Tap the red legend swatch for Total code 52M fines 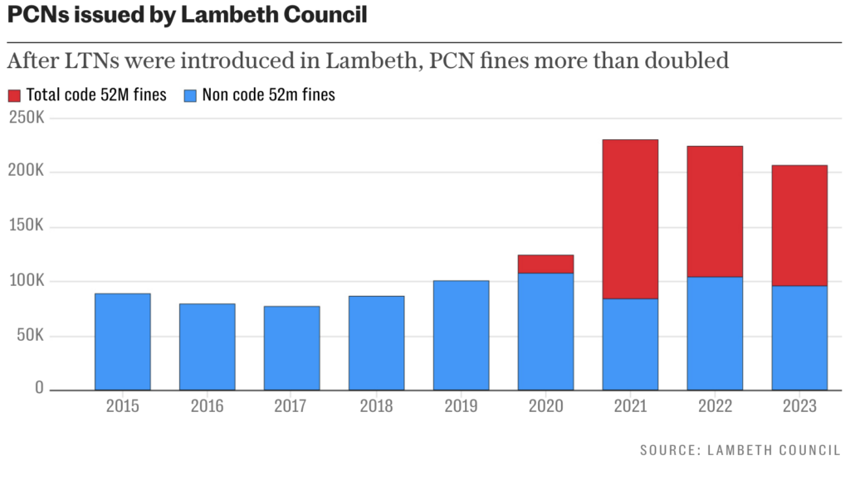point(15,95)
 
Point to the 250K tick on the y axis point(27,118)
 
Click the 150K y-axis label point(27,227)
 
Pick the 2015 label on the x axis point(123,406)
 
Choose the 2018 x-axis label point(376,406)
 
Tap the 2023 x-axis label point(799,406)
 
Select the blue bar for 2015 point(123,342)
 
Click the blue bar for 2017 point(292,348)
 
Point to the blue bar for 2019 point(461,336)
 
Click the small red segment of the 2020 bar point(545,264)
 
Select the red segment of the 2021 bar point(630,219)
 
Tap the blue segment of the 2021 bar point(630,344)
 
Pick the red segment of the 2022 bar point(715,211)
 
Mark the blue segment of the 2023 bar point(799,338)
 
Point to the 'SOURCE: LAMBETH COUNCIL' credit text point(740,450)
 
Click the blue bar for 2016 point(208,347)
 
